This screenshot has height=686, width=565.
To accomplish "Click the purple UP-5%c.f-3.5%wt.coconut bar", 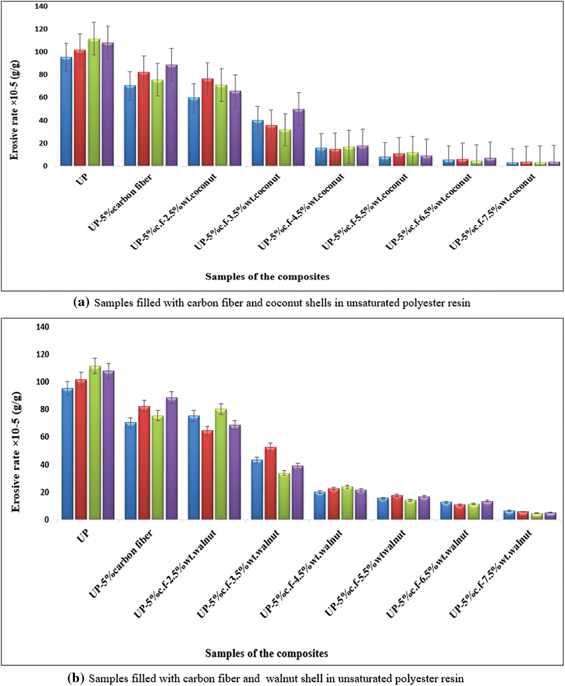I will click(x=299, y=138).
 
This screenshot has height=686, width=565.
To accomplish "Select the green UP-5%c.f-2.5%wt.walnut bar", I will click(x=221, y=464).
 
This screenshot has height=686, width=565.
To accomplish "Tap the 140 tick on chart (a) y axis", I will click(x=43, y=6).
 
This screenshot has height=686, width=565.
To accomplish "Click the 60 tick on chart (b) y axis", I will click(x=44, y=437).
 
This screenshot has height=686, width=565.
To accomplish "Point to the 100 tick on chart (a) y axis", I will click(x=43, y=52).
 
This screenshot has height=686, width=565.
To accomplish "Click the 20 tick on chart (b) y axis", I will click(x=44, y=492).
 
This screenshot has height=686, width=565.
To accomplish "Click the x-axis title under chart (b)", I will click(x=267, y=653).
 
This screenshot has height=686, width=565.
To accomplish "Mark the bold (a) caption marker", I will click(x=81, y=302).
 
